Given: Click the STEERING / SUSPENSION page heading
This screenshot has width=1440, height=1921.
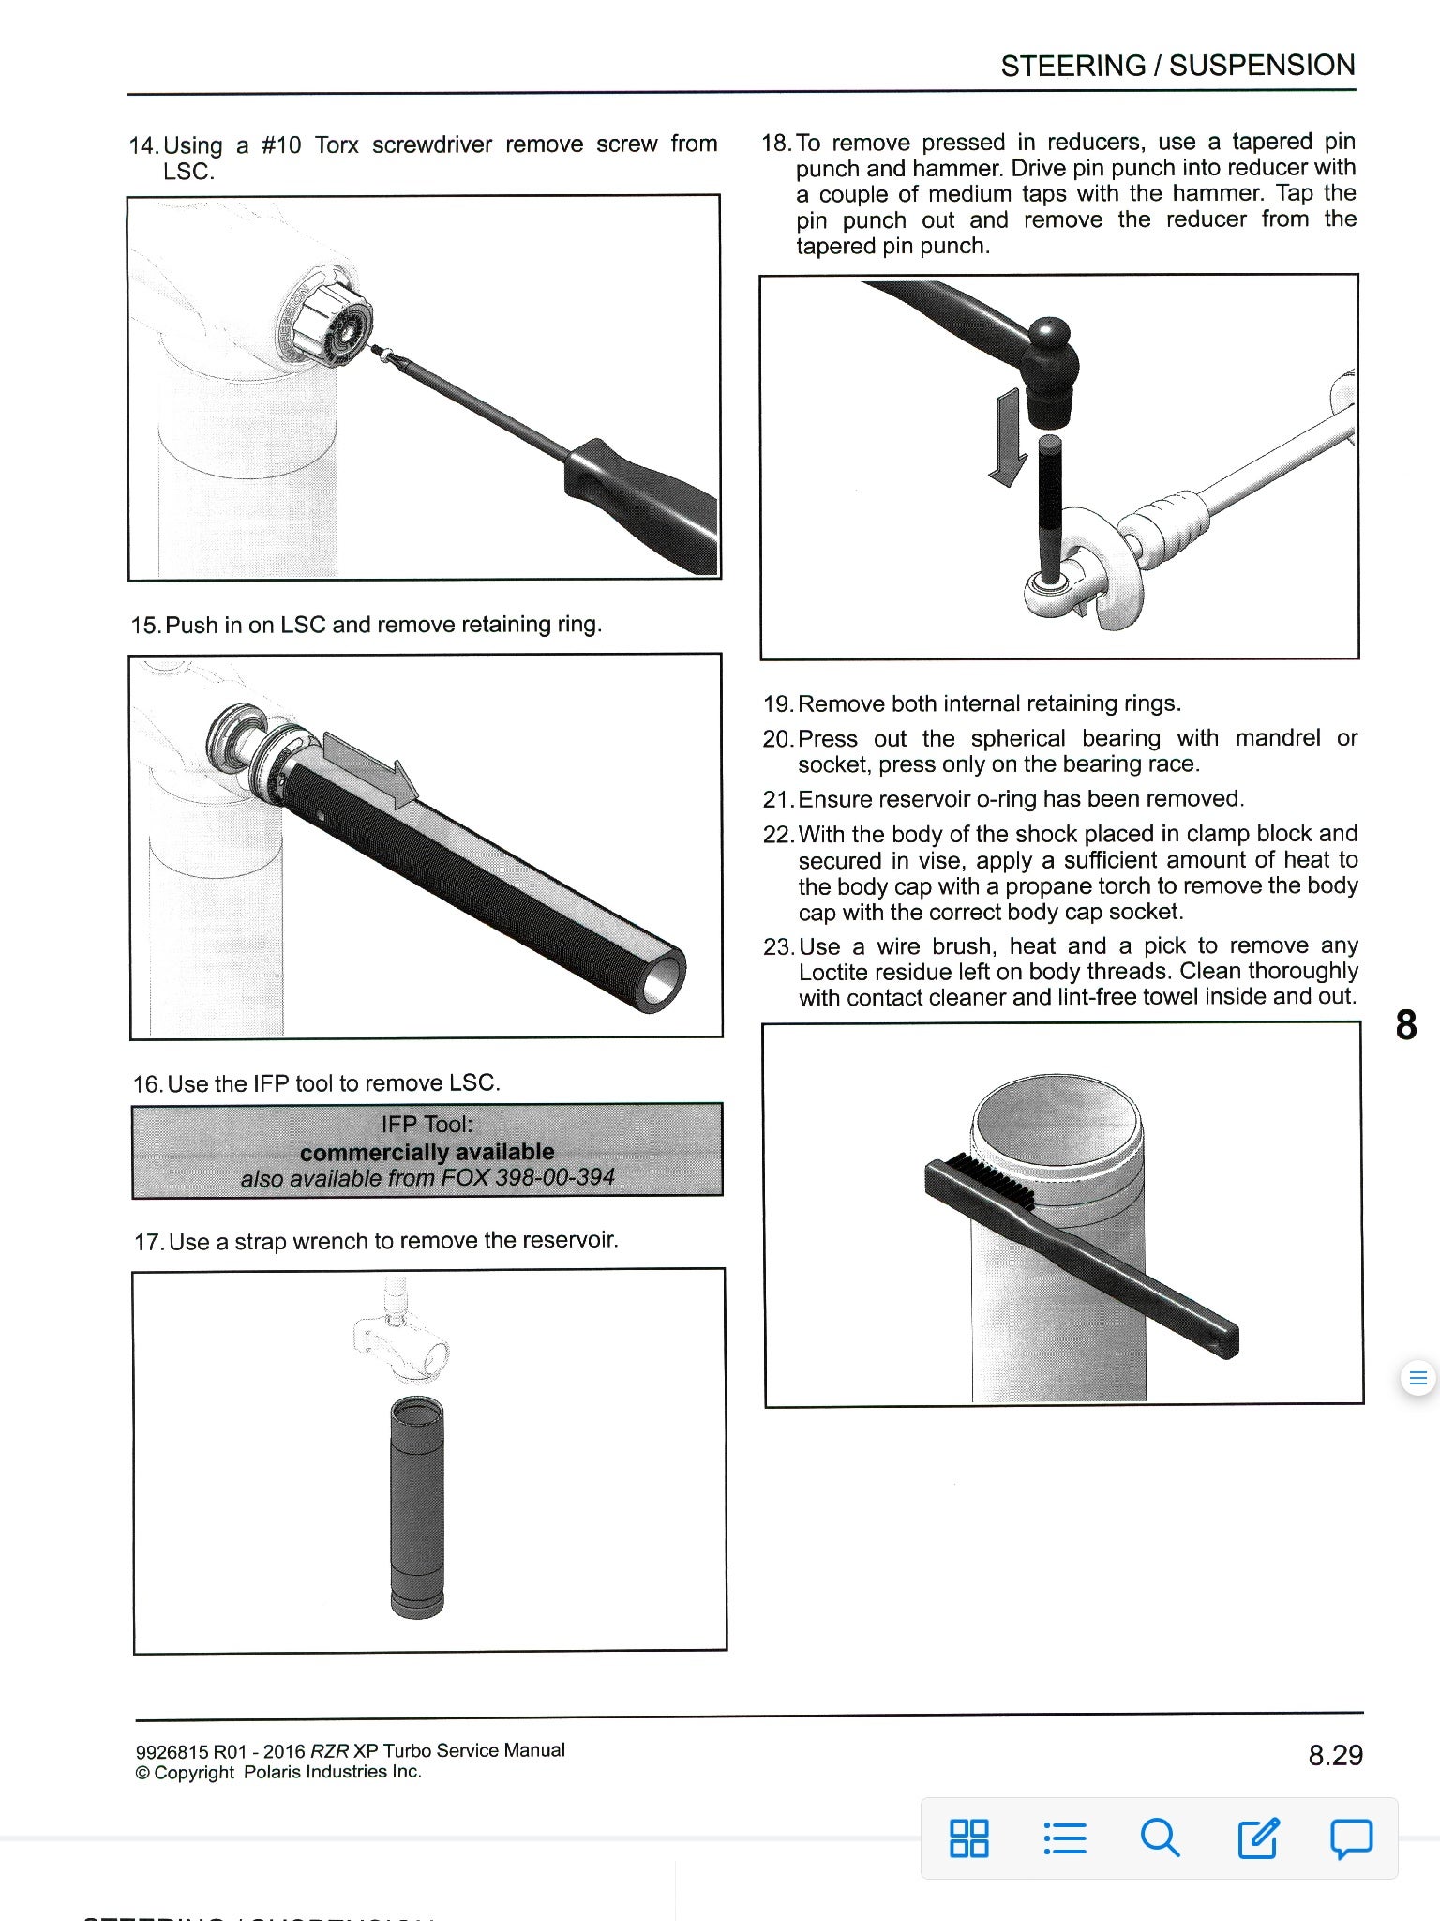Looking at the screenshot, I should coord(1177,66).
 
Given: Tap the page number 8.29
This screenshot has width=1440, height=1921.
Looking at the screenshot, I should coord(1335,1755).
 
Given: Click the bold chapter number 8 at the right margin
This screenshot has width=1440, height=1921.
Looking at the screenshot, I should coord(1405,1024).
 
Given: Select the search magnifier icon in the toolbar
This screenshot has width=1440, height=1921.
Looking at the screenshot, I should coord(1160,1838).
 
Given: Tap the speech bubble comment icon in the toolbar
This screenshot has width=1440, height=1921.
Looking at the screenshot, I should coord(1351,1838).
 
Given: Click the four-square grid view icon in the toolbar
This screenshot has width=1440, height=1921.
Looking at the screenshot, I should coord(968,1838).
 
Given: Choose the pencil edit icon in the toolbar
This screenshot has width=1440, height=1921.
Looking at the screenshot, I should coord(1257,1838).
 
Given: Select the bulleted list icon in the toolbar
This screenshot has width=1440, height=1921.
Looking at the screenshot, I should coord(1064,1838).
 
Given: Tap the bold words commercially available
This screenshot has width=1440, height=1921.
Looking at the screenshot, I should coord(427,1151).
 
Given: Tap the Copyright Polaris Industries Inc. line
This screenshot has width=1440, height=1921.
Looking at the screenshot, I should coord(278,1772).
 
